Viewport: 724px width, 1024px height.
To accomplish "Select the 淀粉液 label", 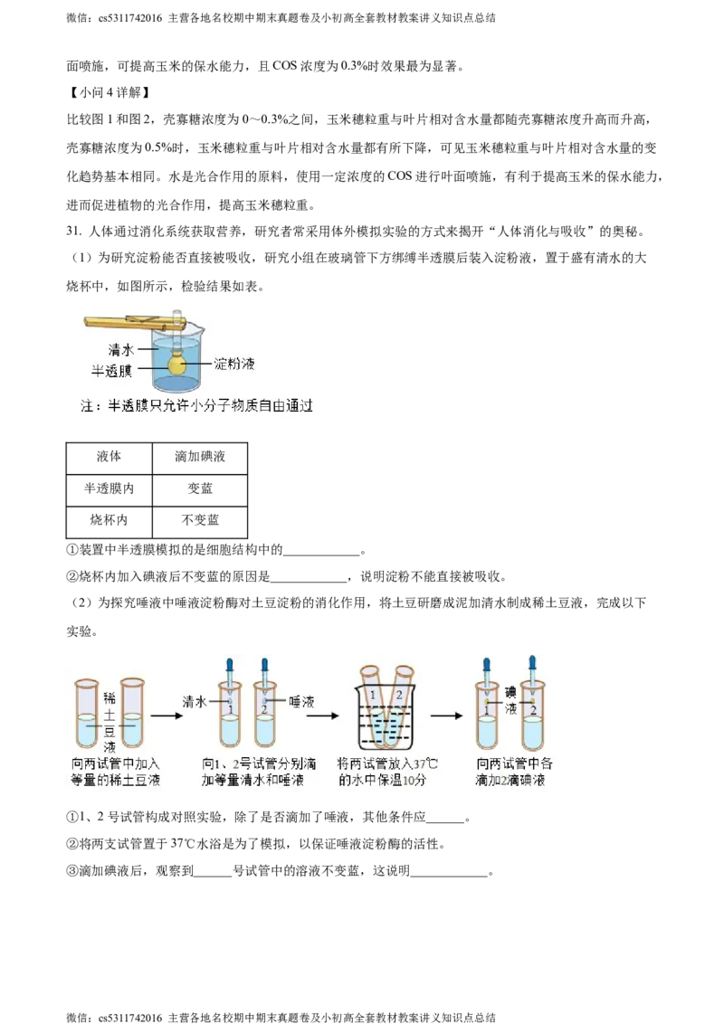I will (234, 364).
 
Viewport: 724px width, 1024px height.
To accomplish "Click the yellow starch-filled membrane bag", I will (178, 365).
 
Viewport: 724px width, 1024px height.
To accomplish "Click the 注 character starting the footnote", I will (88, 406).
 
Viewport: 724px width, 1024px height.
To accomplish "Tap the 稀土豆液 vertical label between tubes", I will (110, 722).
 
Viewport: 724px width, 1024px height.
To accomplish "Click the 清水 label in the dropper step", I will (195, 701).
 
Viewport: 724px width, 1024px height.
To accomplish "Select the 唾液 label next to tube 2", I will (300, 701).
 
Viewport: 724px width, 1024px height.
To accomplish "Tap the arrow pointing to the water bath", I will (322, 715).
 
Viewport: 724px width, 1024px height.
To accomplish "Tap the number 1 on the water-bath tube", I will (373, 695).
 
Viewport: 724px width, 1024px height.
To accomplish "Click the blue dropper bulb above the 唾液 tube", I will (265, 666).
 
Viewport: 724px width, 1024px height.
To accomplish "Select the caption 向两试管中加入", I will (115, 764).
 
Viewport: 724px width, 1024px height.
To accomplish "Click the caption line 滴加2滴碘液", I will (510, 781).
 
